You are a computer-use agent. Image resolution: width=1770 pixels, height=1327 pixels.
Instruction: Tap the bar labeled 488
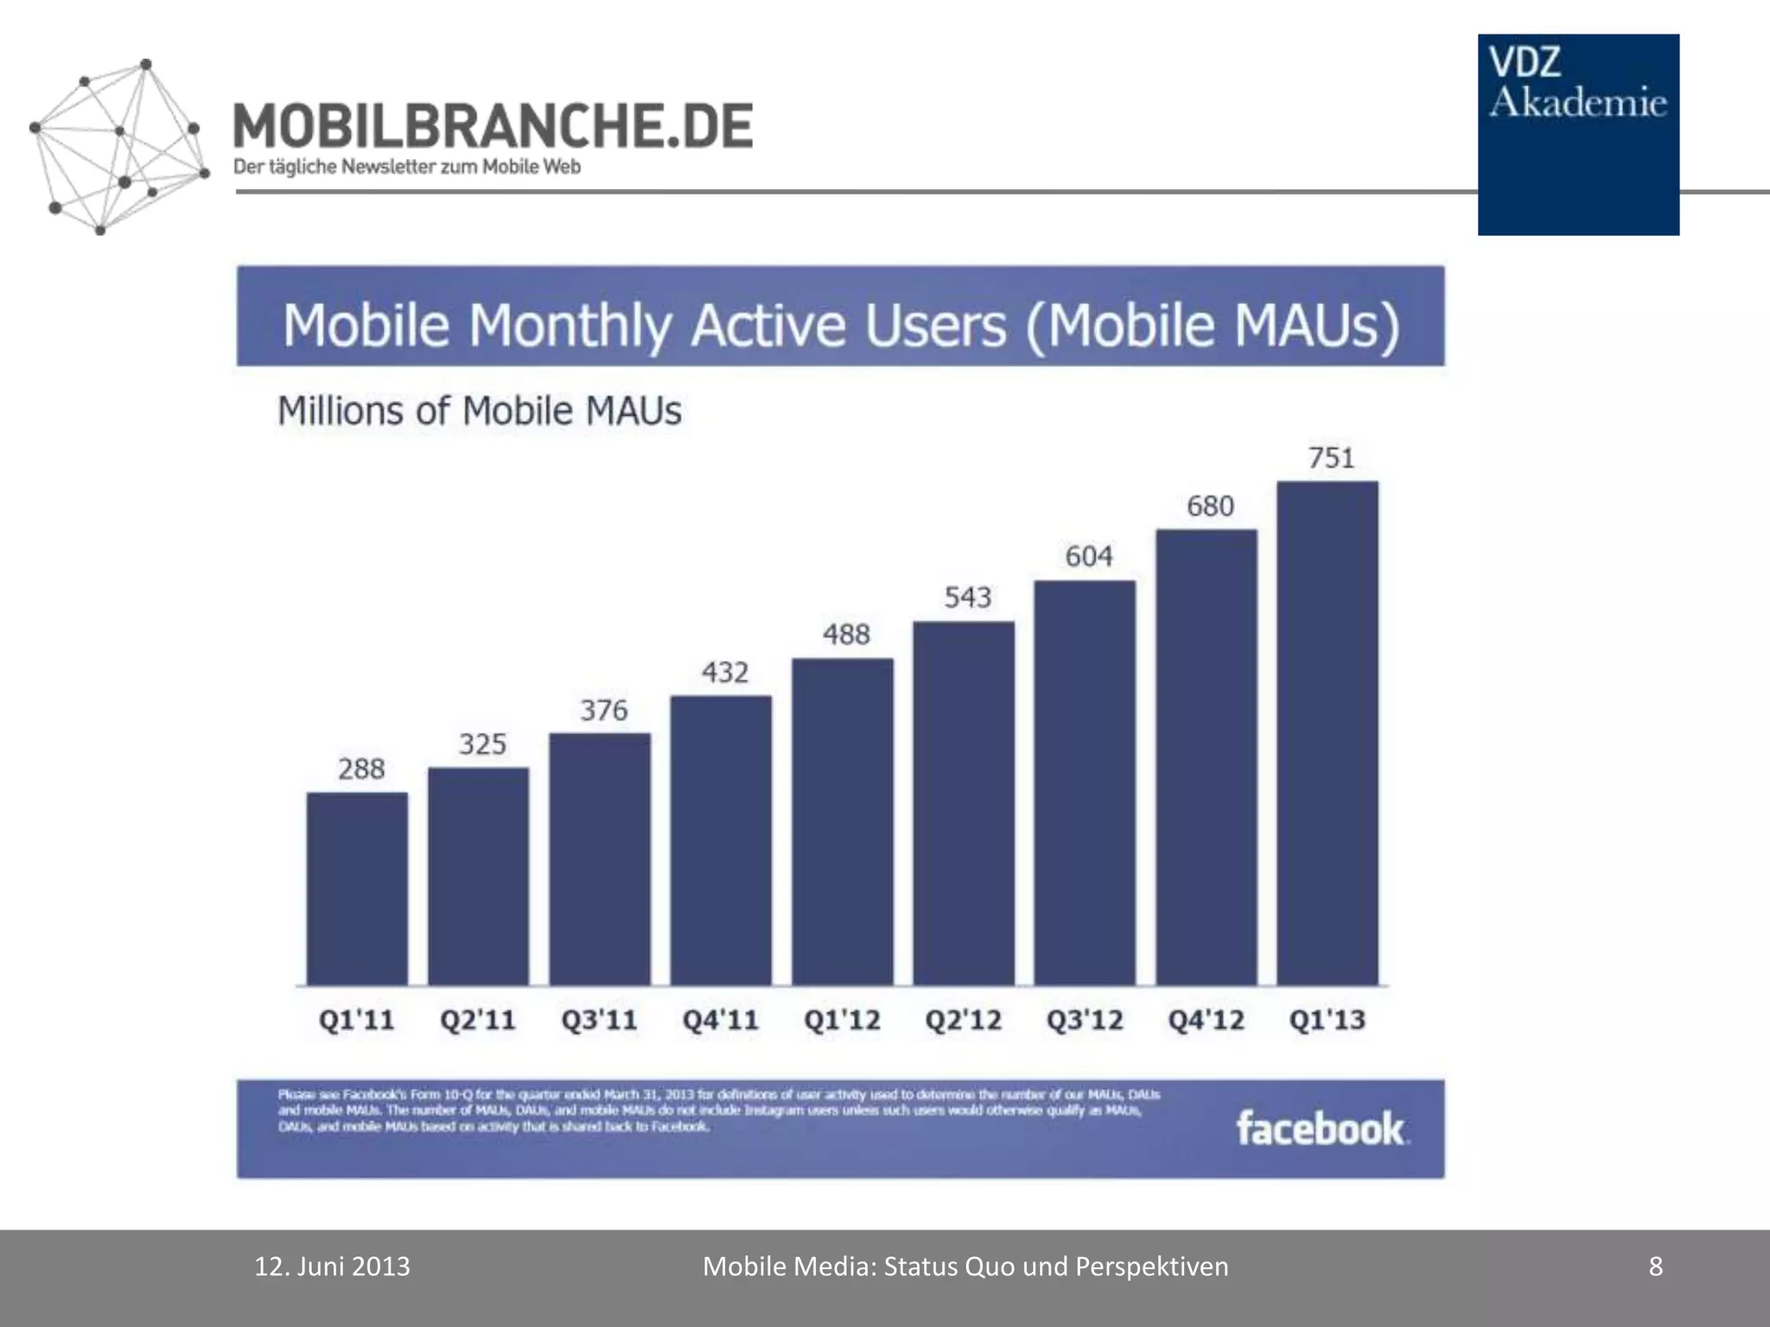pyautogui.click(x=843, y=821)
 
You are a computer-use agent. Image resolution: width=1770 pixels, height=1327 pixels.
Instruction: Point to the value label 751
pyautogui.click(x=1331, y=458)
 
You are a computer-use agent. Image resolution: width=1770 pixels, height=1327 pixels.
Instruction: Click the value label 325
pyautogui.click(x=482, y=744)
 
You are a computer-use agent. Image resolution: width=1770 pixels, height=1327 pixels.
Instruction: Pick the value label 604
pyautogui.click(x=1089, y=556)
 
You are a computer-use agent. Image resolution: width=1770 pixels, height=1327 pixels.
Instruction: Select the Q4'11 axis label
pyautogui.click(x=721, y=1020)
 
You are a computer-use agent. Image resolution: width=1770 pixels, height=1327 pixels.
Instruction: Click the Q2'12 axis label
pyautogui.click(x=964, y=1020)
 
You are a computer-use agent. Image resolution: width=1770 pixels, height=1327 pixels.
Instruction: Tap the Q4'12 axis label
pyautogui.click(x=1207, y=1020)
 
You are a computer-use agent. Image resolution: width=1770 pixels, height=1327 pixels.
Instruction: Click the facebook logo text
pyautogui.click(x=1321, y=1128)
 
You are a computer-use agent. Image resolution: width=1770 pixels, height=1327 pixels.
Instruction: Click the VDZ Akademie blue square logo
pyautogui.click(x=1578, y=135)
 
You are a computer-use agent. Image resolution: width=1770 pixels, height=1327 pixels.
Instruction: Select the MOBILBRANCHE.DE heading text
pyautogui.click(x=493, y=126)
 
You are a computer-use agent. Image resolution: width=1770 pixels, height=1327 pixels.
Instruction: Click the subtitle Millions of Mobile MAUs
pyautogui.click(x=480, y=410)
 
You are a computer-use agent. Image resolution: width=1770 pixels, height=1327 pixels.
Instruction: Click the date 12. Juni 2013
pyautogui.click(x=332, y=1267)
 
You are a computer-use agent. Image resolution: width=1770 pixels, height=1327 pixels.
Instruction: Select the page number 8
pyautogui.click(x=1656, y=1267)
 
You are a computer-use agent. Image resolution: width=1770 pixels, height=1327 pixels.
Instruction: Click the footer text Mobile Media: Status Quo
pyautogui.click(x=965, y=1267)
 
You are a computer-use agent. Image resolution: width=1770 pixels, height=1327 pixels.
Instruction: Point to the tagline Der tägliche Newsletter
pyautogui.click(x=406, y=167)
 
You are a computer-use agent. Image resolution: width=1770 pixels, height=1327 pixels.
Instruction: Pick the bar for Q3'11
pyautogui.click(x=600, y=859)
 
